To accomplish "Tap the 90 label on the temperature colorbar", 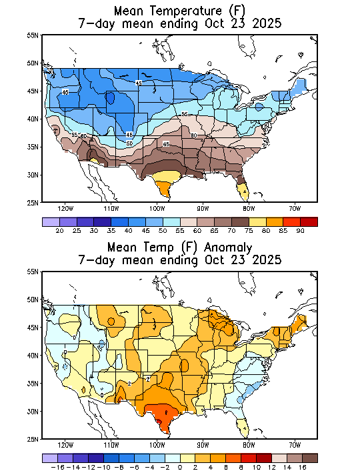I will (301, 230).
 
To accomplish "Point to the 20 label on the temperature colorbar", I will (59, 230).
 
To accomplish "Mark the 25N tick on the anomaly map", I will (32, 439).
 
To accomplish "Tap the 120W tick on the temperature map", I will (65, 207).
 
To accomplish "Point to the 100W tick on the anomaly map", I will (157, 445).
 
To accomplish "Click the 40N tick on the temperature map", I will (32, 119).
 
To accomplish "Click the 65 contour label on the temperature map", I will (166, 144).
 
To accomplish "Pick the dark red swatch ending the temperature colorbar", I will (309, 221).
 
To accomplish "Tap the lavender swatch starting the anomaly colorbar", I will (49, 458).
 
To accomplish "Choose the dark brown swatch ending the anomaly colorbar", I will (309, 458).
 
